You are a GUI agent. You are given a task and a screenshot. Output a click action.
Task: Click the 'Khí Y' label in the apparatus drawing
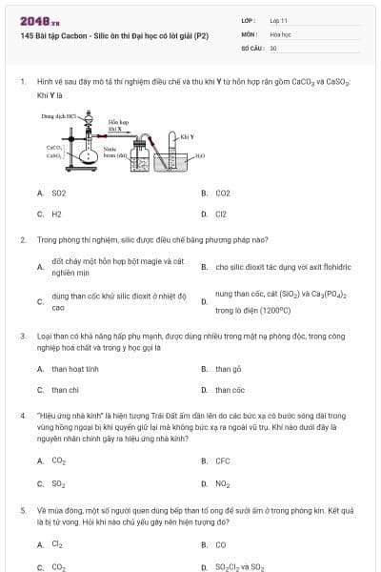188,136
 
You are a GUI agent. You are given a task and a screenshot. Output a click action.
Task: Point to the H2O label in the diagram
200,154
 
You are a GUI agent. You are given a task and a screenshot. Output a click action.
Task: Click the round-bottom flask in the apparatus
91,154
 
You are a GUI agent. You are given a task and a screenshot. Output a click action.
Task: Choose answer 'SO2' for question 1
59,194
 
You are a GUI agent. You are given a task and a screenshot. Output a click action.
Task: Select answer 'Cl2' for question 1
221,214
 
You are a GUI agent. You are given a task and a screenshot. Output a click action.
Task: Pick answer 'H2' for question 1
57,214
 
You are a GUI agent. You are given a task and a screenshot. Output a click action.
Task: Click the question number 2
23,239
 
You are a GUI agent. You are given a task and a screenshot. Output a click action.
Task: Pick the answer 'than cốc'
230,390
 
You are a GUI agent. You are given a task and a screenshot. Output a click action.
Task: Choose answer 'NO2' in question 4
222,483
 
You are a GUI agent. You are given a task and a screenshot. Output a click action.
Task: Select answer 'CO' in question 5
221,545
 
